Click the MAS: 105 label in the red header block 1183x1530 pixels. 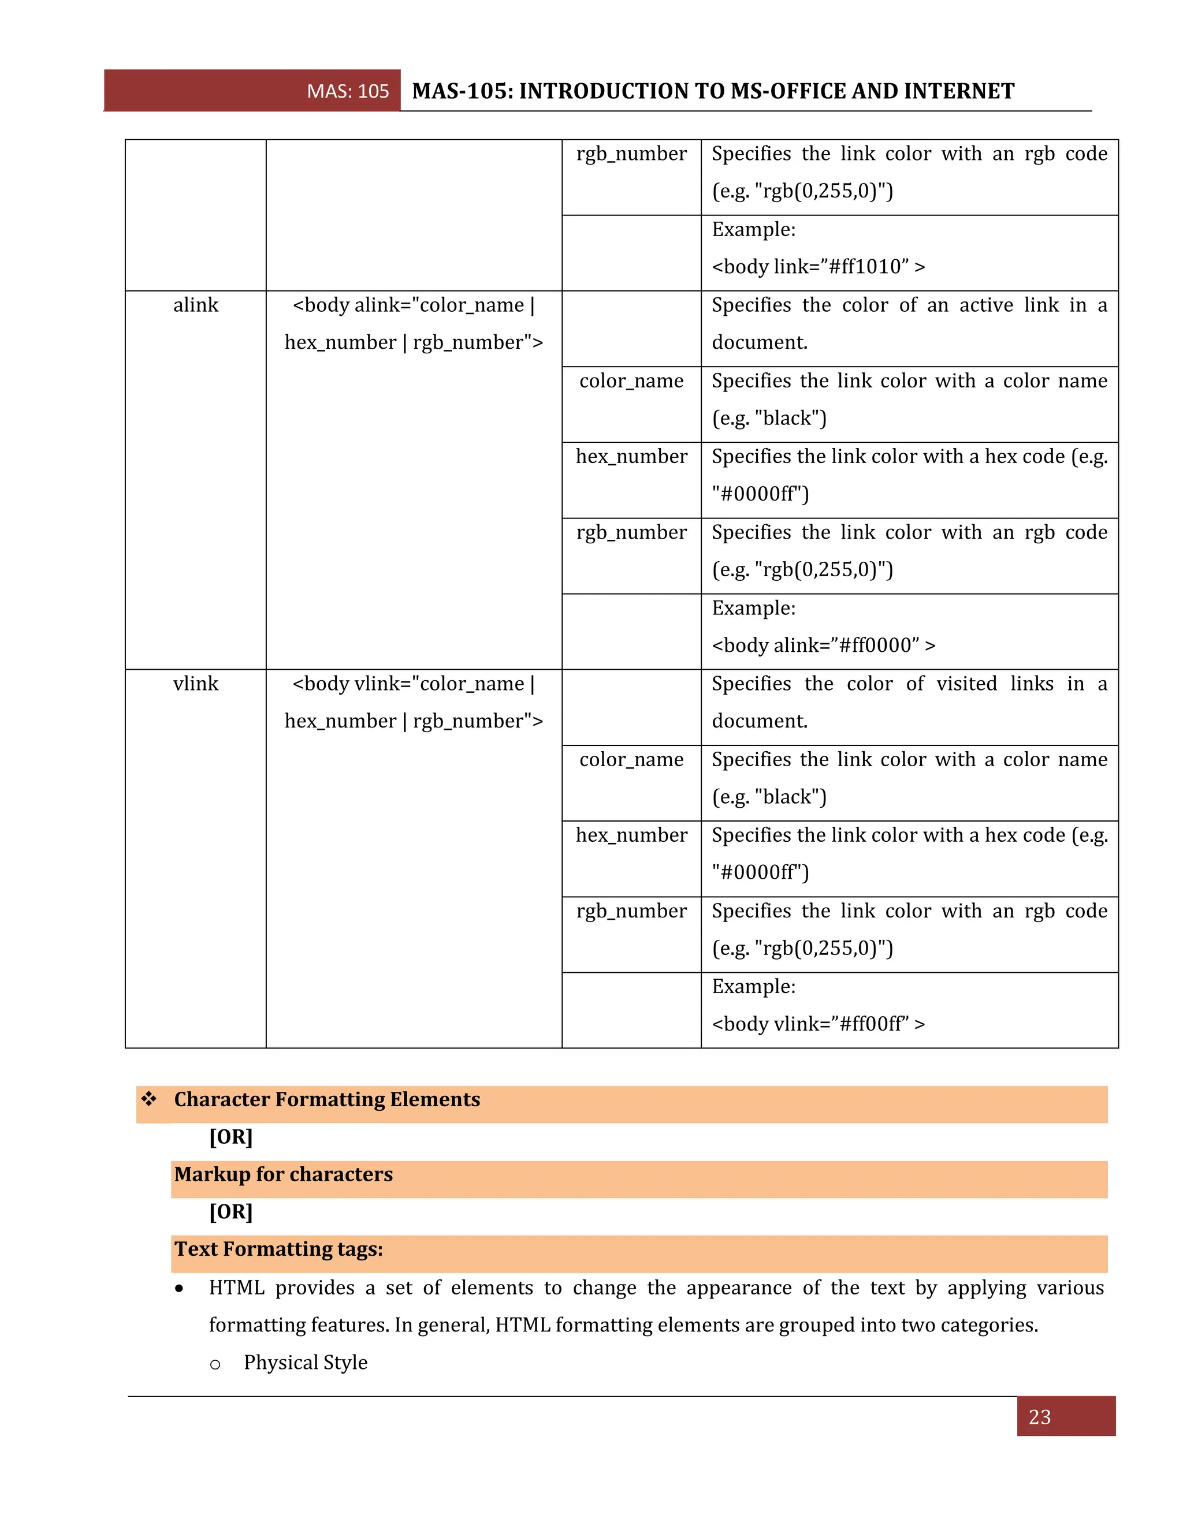pyautogui.click(x=348, y=91)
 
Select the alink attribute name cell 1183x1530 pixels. pyautogui.click(x=196, y=305)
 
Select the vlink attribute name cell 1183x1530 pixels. pyautogui.click(x=196, y=684)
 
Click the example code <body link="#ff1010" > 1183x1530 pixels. pyautogui.click(x=818, y=267)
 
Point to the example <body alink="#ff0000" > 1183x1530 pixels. pyautogui.click(x=823, y=645)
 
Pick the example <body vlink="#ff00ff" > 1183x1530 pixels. pyautogui.click(x=818, y=1024)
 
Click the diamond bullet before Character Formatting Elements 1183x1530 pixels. pyautogui.click(x=148, y=1099)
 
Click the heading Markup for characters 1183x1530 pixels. pyautogui.click(x=283, y=1174)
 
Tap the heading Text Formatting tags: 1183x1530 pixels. pyautogui.click(x=278, y=1249)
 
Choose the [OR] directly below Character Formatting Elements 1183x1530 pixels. pyautogui.click(x=230, y=1136)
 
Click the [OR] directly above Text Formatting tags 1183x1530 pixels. pyautogui.click(x=230, y=1211)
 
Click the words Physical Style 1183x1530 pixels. pyautogui.click(x=306, y=1363)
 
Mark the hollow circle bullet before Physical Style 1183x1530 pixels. pyautogui.click(x=215, y=1364)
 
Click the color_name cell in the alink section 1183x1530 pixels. pyautogui.click(x=631, y=381)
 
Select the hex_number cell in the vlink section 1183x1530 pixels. pyautogui.click(x=631, y=835)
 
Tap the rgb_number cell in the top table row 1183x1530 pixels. pyautogui.click(x=631, y=154)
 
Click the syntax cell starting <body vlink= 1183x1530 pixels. pyautogui.click(x=414, y=702)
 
